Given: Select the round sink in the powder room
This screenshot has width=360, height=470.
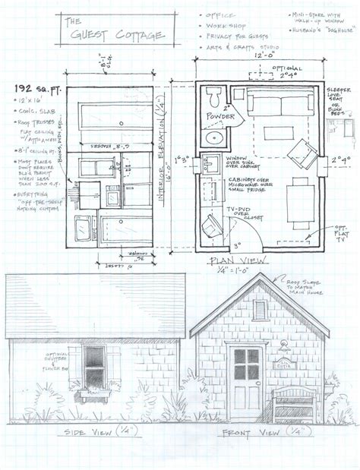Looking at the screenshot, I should (x=214, y=137).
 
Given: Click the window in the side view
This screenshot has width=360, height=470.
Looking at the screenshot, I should (x=93, y=369).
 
